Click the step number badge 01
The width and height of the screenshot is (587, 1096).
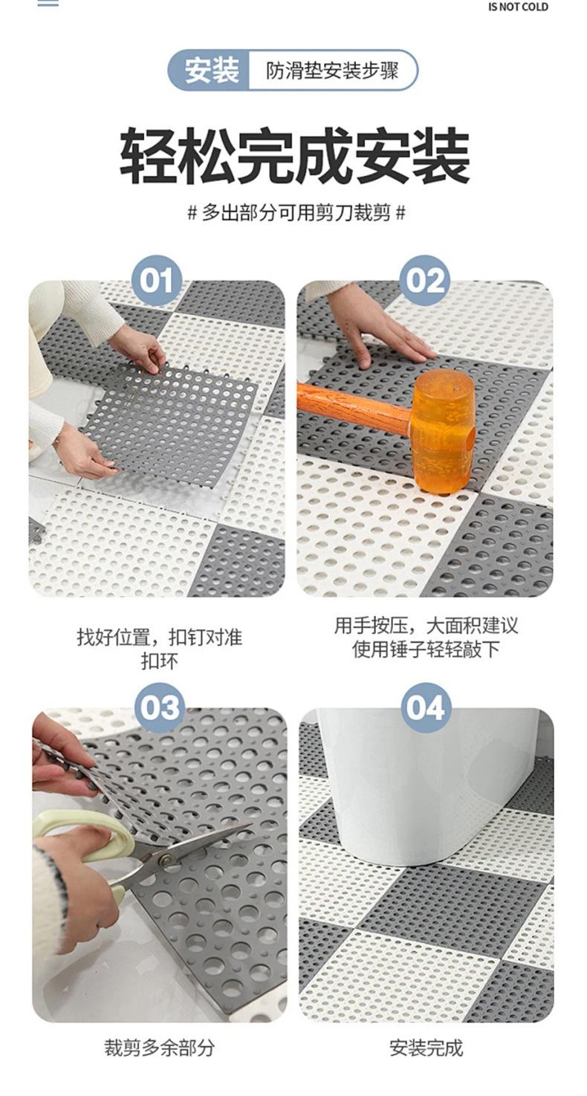coord(157,281)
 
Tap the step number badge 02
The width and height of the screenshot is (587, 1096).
coord(424,281)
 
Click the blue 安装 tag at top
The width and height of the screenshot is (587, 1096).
coord(210,71)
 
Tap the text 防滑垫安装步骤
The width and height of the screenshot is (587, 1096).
coord(332,71)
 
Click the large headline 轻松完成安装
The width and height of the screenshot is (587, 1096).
coord(295,155)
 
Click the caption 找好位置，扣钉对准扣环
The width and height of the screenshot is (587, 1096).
coord(160,649)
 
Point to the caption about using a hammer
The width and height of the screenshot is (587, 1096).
coord(426,638)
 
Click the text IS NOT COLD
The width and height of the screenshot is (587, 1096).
coord(518,7)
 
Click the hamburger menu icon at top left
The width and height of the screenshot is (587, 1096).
coord(48,3)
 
